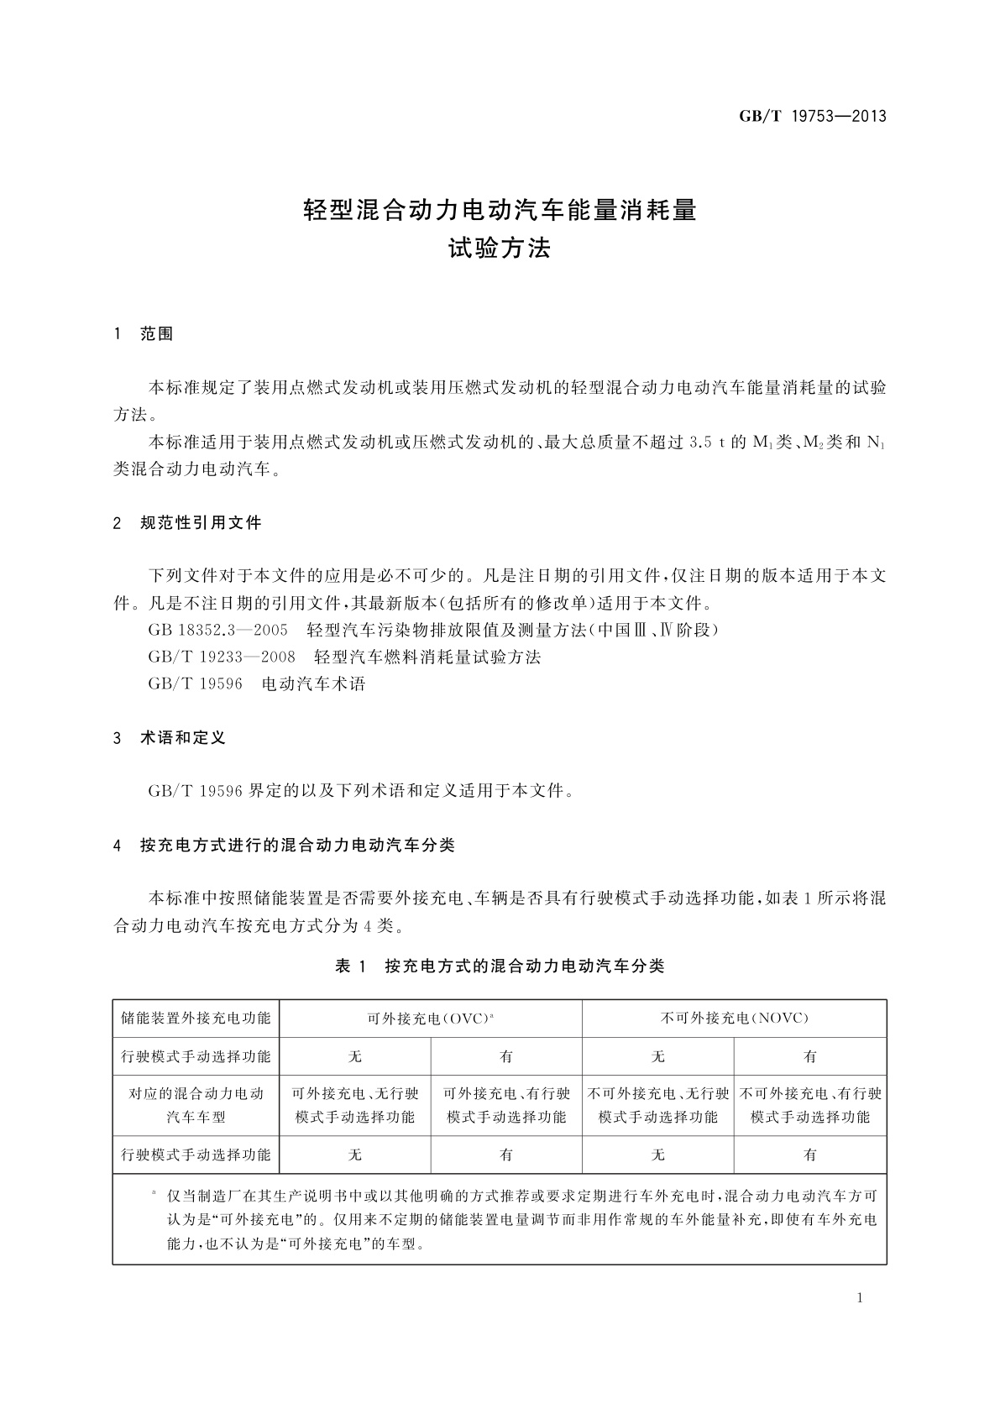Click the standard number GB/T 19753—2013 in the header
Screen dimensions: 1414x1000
click(812, 117)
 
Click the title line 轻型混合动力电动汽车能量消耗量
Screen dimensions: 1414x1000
click(500, 210)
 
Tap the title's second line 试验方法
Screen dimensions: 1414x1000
click(500, 249)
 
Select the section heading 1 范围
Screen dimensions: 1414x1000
click(144, 334)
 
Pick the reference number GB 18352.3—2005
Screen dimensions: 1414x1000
click(217, 630)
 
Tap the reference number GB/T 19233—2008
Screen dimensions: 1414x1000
click(222, 657)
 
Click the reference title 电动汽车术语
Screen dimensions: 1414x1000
click(314, 683)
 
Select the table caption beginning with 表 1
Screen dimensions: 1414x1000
click(500, 966)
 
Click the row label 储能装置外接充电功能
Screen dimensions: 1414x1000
click(196, 1019)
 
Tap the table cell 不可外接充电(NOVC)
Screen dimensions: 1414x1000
click(734, 1019)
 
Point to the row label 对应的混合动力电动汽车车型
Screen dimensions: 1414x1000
click(196, 1105)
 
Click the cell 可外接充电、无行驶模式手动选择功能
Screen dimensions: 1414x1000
click(355, 1105)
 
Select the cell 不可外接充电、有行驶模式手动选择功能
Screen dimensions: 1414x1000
click(810, 1105)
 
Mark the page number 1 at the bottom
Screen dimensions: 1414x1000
click(860, 1298)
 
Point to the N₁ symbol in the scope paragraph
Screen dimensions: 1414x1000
click(875, 443)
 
